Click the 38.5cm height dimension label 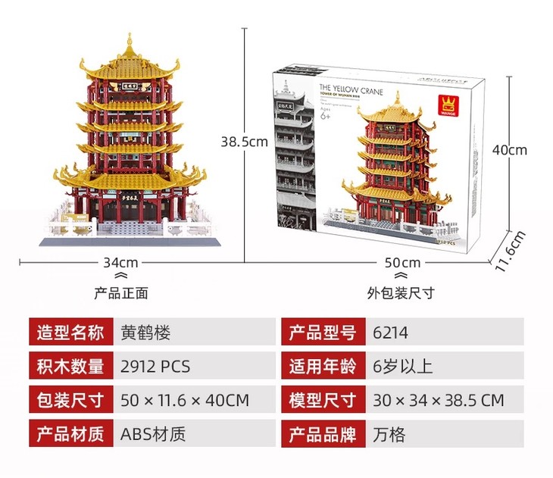pos(244,142)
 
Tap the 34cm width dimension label pos(120,263)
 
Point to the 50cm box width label pos(401,263)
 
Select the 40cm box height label pos(509,150)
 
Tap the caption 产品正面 pos(120,292)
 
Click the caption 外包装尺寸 pos(401,292)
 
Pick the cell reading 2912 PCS pos(155,367)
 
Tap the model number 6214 pos(390,333)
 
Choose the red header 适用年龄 pos(322,367)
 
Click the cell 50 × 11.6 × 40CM pos(185,400)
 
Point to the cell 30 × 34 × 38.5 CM pos(438,400)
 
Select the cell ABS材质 pos(153,434)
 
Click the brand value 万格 pos(389,434)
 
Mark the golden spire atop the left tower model pos(130,39)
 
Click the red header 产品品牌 pos(322,434)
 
